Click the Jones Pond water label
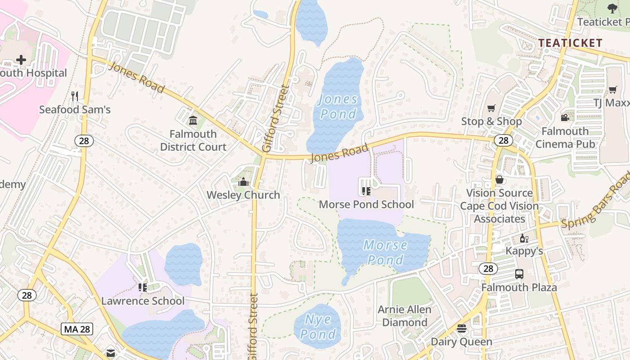[x=338, y=106]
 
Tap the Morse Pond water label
[x=386, y=252]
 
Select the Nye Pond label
[x=318, y=327]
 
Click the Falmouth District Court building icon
[x=193, y=121]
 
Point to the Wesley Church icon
[x=243, y=182]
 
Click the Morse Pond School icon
[x=366, y=191]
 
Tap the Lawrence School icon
[x=143, y=287]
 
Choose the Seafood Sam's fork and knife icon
[x=75, y=96]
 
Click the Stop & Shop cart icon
[x=491, y=108]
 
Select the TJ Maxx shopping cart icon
[x=612, y=90]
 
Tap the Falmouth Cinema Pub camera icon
[x=565, y=118]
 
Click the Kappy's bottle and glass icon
[x=524, y=238]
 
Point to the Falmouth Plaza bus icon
[x=519, y=274]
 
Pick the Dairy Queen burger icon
[x=462, y=328]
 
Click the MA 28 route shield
[x=76, y=329]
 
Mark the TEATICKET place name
[x=570, y=43]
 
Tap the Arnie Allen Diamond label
[x=405, y=316]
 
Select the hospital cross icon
[x=21, y=59]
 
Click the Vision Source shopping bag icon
[x=499, y=180]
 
